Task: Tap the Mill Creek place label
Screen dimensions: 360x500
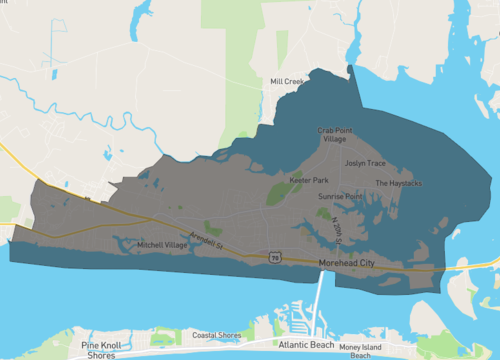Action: point(286,81)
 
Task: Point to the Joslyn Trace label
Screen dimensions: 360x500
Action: point(365,162)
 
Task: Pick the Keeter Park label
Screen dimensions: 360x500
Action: point(309,180)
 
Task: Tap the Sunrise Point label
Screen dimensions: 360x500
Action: point(340,197)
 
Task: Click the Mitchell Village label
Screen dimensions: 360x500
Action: point(162,245)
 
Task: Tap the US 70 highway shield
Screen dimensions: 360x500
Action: point(274,258)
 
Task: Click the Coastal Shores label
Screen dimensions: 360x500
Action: point(217,335)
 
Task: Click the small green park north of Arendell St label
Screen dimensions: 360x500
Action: point(213,228)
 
